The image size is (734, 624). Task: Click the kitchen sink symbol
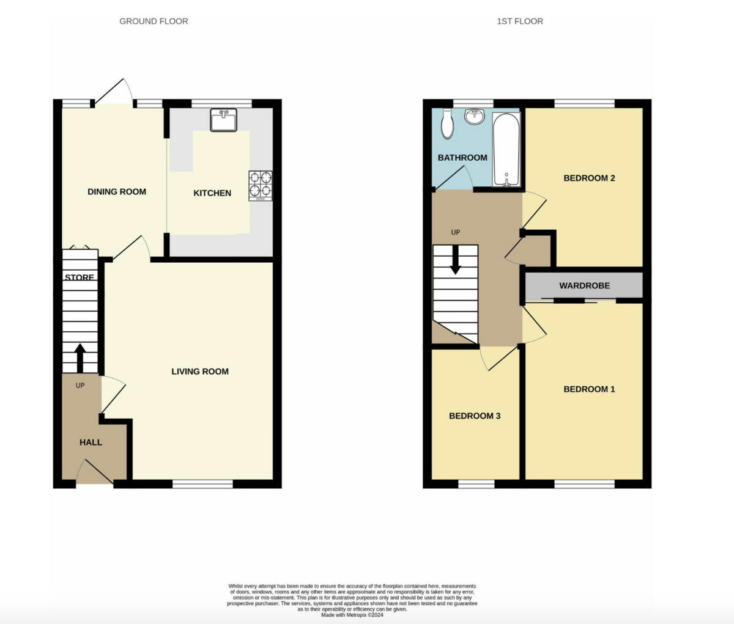click(224, 120)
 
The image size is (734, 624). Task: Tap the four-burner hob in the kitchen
click(260, 186)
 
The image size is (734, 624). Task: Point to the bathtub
click(506, 150)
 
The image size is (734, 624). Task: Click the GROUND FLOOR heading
click(154, 21)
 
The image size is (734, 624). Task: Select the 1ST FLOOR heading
click(519, 21)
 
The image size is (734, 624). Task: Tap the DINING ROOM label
click(117, 191)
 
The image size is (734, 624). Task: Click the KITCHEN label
click(212, 193)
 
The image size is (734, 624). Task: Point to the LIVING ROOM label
click(200, 371)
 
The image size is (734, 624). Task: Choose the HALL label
click(91, 442)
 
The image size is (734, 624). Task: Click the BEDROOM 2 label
click(589, 178)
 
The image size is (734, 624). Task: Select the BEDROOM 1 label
click(589, 389)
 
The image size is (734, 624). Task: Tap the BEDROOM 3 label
click(475, 416)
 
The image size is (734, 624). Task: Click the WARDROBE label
click(584, 285)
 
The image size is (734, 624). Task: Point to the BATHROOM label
click(462, 157)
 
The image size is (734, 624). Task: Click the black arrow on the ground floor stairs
click(80, 357)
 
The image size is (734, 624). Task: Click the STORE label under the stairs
click(80, 277)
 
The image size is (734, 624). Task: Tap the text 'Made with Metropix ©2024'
click(352, 615)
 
